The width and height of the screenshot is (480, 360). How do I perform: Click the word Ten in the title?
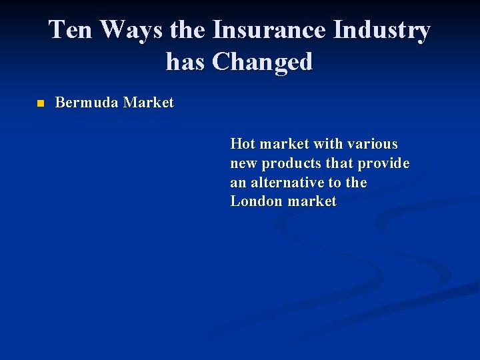coord(70,30)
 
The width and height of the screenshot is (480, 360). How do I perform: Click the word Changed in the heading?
coord(262,62)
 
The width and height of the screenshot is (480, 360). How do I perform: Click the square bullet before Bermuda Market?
coord(40,104)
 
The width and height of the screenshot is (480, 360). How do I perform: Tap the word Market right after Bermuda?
coord(148,103)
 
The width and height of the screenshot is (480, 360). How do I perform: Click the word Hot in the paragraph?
coord(242,144)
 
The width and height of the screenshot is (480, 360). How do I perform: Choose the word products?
coord(291,163)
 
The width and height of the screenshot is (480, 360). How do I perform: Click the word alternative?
coord(289,183)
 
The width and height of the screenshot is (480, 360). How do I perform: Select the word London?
coord(255,201)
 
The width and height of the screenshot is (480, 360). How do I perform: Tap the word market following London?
coord(311,201)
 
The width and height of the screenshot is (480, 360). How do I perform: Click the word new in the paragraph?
coord(243,163)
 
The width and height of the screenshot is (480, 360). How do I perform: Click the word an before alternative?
coord(237,183)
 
